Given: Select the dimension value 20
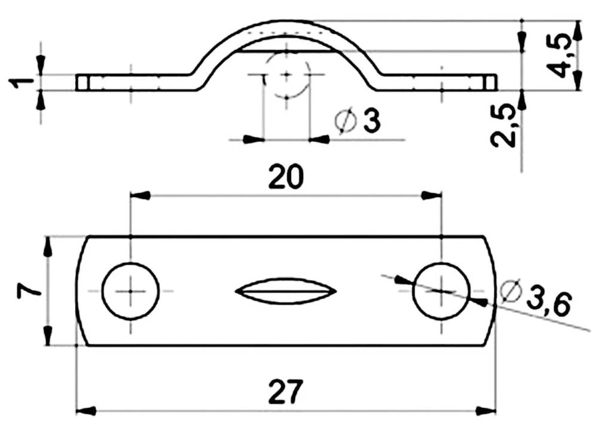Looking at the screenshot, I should tap(286, 177).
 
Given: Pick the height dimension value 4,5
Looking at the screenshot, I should tap(560, 56).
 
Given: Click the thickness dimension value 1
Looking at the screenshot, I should tap(18, 82).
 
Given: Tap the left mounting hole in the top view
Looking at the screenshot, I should tap(130, 291).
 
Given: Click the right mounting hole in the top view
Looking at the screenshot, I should tap(441, 291).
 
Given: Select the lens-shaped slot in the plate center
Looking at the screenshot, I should tap(286, 291).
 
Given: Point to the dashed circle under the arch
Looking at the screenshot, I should tap(286, 75).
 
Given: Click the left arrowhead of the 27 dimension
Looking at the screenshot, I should tap(86, 411).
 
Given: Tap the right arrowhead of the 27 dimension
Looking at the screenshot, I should tap(487, 411).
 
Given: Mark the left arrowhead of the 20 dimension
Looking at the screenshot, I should tap(139, 195).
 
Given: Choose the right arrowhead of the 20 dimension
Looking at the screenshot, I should tap(432, 195).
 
